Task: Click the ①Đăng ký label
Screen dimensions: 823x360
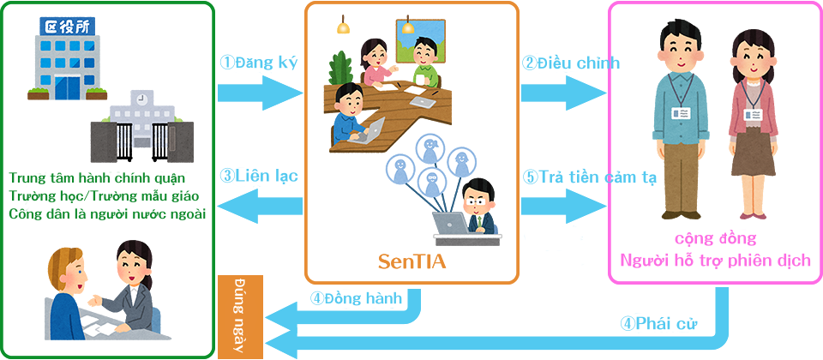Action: pyautogui.click(x=259, y=63)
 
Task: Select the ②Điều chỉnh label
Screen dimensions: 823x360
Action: pyautogui.click(x=571, y=63)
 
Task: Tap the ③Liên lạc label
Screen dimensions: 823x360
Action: pyautogui.click(x=259, y=175)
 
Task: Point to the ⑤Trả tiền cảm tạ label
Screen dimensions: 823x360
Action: pyautogui.click(x=590, y=177)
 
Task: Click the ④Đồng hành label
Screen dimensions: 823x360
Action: pyautogui.click(x=356, y=298)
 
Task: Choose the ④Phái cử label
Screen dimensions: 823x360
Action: pyautogui.click(x=658, y=323)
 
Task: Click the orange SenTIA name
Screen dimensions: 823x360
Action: pyautogui.click(x=412, y=261)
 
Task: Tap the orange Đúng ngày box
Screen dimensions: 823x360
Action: pyautogui.click(x=240, y=317)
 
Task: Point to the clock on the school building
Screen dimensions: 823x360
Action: pyautogui.click(x=140, y=99)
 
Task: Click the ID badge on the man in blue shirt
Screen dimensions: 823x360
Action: pyautogui.click(x=682, y=112)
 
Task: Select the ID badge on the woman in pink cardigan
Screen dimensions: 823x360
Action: pyautogui.click(x=753, y=114)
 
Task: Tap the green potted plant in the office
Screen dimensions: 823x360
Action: pyautogui.click(x=342, y=69)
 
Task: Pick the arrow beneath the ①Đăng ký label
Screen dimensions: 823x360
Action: pyautogui.click(x=261, y=93)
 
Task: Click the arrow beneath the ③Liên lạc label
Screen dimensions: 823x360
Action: pyautogui.click(x=261, y=206)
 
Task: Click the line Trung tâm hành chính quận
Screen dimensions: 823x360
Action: pyautogui.click(x=97, y=177)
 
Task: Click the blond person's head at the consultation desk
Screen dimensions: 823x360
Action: pyautogui.click(x=67, y=270)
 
